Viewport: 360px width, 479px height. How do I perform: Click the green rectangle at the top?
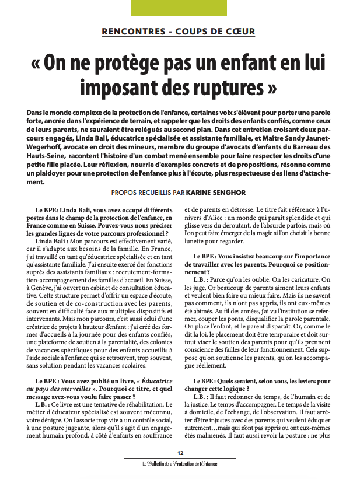pos(179,7)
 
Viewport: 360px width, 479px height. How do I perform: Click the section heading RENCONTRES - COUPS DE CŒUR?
pos(179,31)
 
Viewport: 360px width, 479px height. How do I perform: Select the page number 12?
pos(180,453)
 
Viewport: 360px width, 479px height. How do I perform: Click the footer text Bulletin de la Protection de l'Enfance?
pos(180,464)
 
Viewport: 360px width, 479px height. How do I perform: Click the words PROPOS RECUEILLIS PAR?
pos(152,192)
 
